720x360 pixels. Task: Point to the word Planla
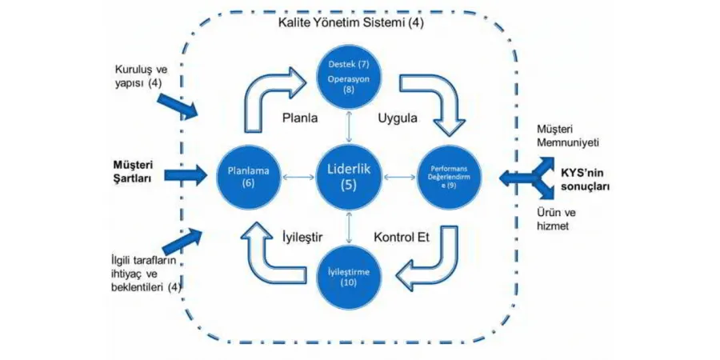pyautogui.click(x=301, y=118)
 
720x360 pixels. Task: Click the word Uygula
pyautogui.click(x=397, y=118)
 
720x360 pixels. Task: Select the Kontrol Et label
pyautogui.click(x=402, y=238)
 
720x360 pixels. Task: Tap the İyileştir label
pyautogui.click(x=302, y=238)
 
